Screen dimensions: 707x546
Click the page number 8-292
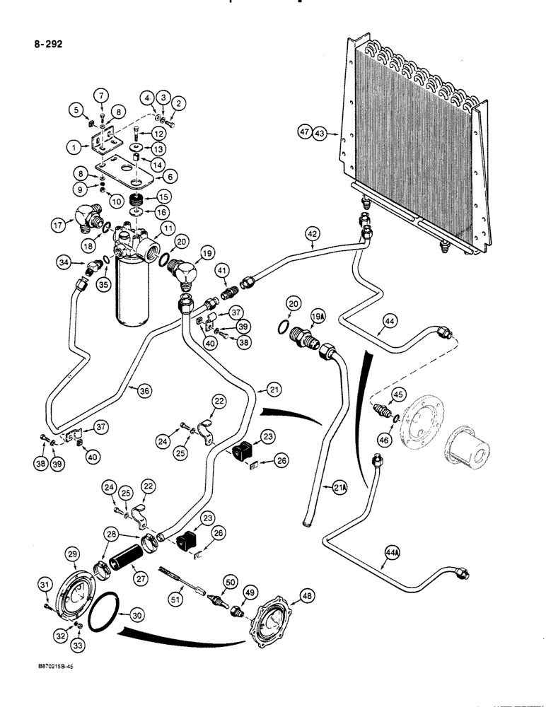[47, 44]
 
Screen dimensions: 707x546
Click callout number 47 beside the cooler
[303, 132]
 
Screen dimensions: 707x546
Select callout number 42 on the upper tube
[313, 233]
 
